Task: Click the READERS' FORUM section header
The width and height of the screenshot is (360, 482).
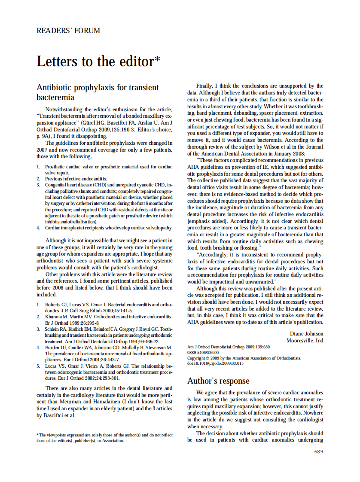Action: (x=68, y=31)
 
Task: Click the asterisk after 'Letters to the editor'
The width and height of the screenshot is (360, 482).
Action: (x=157, y=60)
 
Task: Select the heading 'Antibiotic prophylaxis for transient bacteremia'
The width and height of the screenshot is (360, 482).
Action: (x=98, y=92)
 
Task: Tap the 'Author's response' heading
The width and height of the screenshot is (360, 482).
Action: (x=218, y=381)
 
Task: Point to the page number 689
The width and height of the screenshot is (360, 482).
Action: (x=318, y=451)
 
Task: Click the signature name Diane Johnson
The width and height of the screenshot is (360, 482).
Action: (x=307, y=334)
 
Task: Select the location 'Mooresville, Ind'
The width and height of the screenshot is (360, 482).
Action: (x=305, y=341)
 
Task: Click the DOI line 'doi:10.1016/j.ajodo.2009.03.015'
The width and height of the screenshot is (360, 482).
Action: (x=215, y=363)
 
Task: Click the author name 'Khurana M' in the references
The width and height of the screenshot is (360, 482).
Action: (x=56, y=316)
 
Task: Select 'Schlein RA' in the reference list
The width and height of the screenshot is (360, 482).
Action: (x=56, y=329)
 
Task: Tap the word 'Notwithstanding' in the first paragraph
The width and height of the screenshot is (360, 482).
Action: (x=64, y=110)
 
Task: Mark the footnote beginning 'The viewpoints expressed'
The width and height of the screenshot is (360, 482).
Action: (x=104, y=438)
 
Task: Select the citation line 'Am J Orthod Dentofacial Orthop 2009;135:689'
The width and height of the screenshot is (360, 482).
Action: (x=229, y=347)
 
